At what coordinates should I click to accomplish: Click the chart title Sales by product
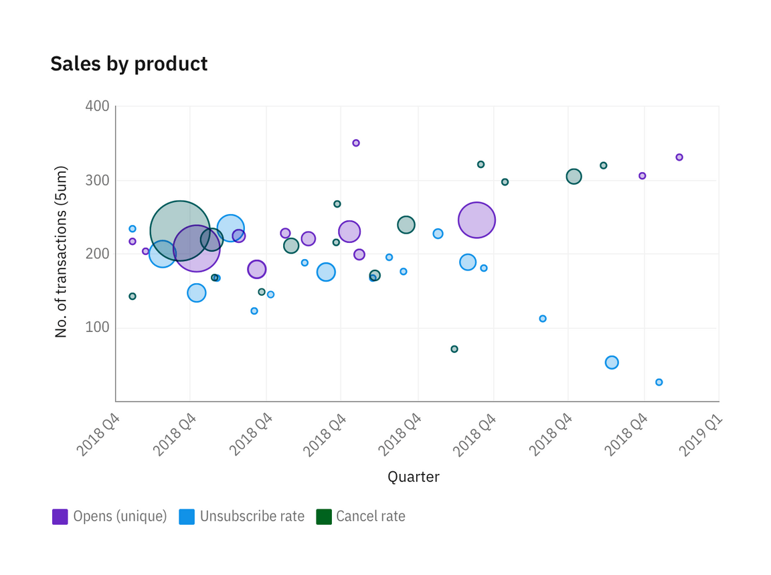(x=129, y=64)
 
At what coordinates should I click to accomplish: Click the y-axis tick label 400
(x=97, y=106)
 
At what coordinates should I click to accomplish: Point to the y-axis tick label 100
(x=97, y=328)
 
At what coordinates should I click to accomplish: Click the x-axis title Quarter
(x=414, y=477)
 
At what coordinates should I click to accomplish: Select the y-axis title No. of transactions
(x=61, y=251)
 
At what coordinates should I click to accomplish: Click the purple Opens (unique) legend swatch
(x=60, y=517)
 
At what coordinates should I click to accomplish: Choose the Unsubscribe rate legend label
(x=252, y=517)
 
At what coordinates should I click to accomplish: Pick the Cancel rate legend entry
(x=370, y=517)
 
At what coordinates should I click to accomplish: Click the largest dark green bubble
(x=180, y=231)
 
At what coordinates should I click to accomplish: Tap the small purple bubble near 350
(x=356, y=143)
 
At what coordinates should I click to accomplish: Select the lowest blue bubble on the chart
(x=659, y=382)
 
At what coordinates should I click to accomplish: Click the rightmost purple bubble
(x=679, y=157)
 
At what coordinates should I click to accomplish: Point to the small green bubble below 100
(x=454, y=349)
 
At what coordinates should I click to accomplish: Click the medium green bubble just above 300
(x=574, y=177)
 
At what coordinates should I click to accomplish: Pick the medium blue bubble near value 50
(x=612, y=363)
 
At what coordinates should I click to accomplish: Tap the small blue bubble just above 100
(x=543, y=319)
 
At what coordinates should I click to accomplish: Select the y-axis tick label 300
(x=97, y=181)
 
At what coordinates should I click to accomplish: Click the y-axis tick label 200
(x=97, y=254)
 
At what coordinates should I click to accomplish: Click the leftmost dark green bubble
(x=133, y=297)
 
